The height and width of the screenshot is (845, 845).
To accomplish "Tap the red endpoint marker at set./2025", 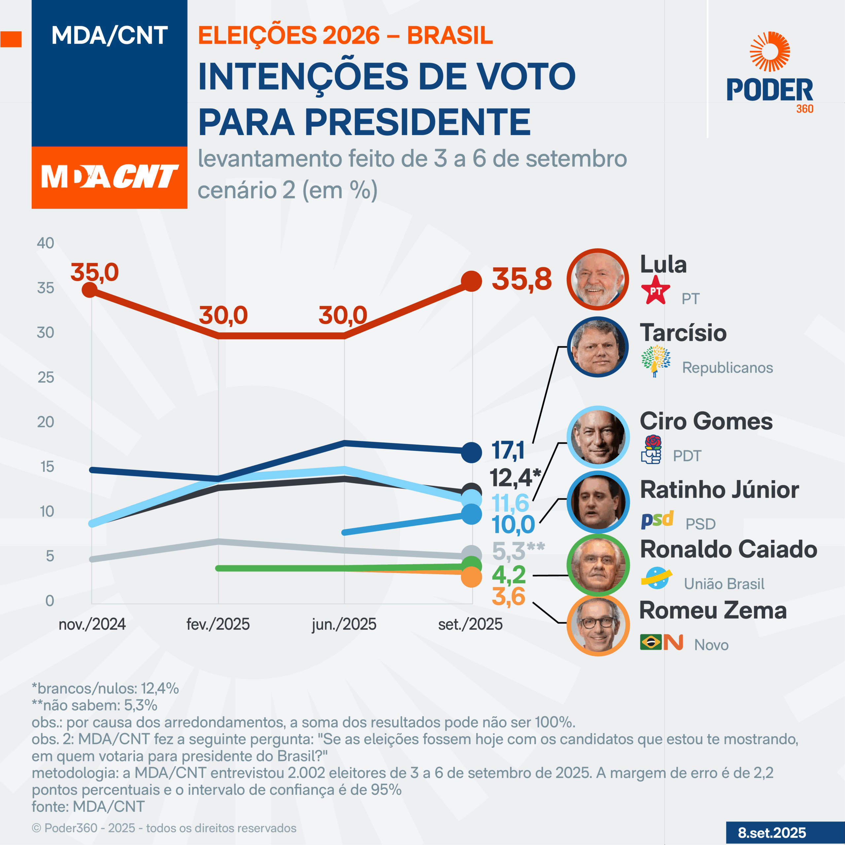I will (471, 281).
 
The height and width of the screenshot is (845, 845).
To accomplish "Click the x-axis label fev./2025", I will (218, 624).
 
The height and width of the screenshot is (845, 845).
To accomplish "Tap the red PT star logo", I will (655, 291).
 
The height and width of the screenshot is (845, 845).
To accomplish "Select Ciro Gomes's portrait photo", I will (597, 437).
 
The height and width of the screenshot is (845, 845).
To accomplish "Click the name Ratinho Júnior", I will (719, 490).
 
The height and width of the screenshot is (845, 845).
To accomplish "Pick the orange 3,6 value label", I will (508, 596).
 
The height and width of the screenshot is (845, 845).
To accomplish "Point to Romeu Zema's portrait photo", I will (597, 625).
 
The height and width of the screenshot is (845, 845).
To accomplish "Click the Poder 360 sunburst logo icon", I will (769, 51).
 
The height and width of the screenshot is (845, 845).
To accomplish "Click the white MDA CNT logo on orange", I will (109, 177).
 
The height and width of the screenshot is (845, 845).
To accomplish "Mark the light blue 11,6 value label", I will (510, 503).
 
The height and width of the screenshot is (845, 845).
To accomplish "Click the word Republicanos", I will (727, 368).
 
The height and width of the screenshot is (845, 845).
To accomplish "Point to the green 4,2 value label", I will (509, 575).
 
